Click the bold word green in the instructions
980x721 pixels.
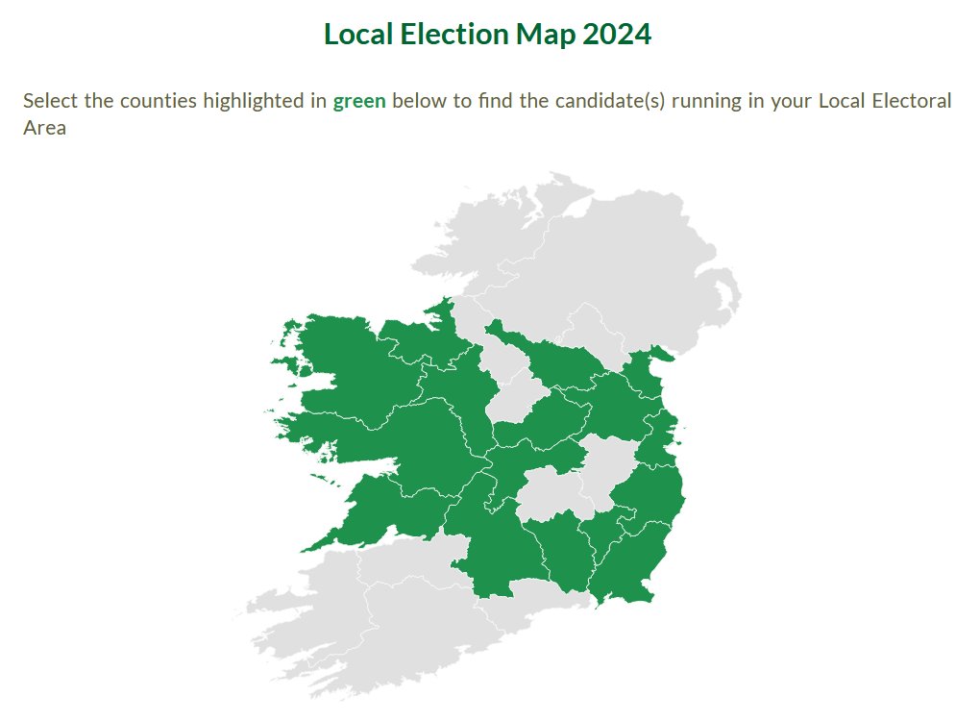click(x=359, y=101)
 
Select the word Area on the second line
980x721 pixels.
click(x=44, y=127)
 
